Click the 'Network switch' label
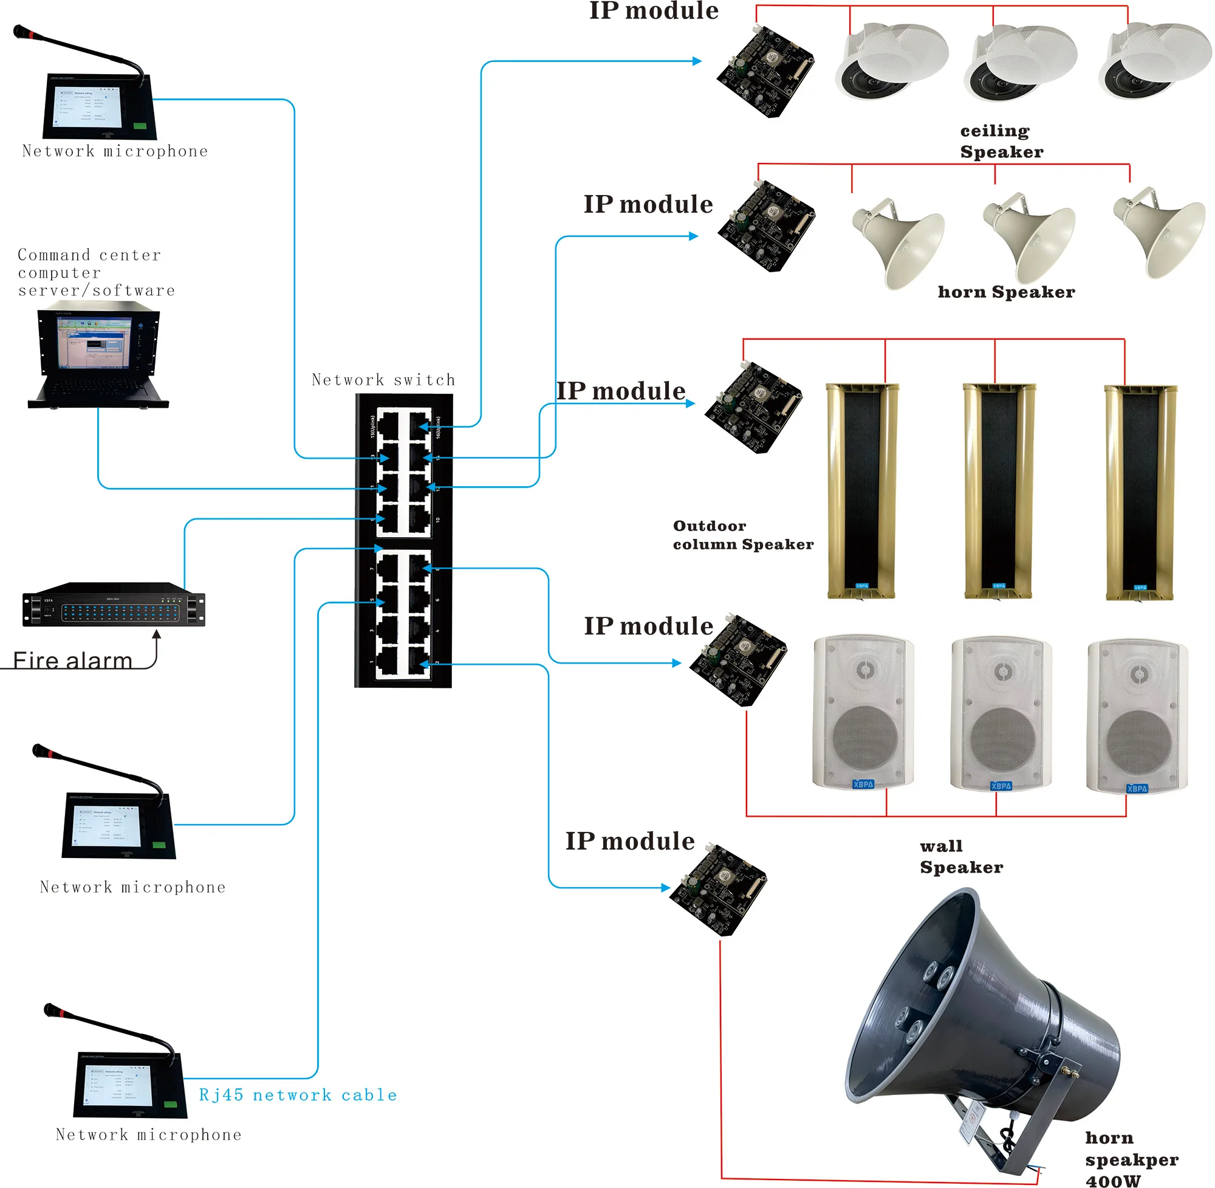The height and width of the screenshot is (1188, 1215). pyautogui.click(x=383, y=380)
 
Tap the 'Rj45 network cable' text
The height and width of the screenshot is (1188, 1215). pyautogui.click(x=298, y=1095)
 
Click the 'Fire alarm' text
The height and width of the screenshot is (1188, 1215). pyautogui.click(x=72, y=661)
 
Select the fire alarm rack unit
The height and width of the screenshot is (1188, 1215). pyautogui.click(x=114, y=605)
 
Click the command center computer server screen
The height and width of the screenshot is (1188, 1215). pyautogui.click(x=94, y=343)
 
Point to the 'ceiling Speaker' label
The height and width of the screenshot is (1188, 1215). pyautogui.click(x=1001, y=141)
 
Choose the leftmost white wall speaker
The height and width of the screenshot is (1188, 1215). pyautogui.click(x=863, y=712)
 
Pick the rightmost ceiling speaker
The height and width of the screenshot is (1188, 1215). pyautogui.click(x=1154, y=61)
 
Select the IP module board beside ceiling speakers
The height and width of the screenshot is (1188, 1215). pyautogui.click(x=765, y=70)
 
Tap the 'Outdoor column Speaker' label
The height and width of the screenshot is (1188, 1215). pyautogui.click(x=742, y=535)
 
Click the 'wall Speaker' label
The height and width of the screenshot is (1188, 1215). pyautogui.click(x=960, y=857)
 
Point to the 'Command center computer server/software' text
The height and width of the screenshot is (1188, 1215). pyautogui.click(x=95, y=273)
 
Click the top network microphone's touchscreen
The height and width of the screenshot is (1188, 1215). pyautogui.click(x=89, y=106)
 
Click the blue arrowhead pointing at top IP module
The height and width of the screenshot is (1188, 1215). pyautogui.click(x=697, y=61)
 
